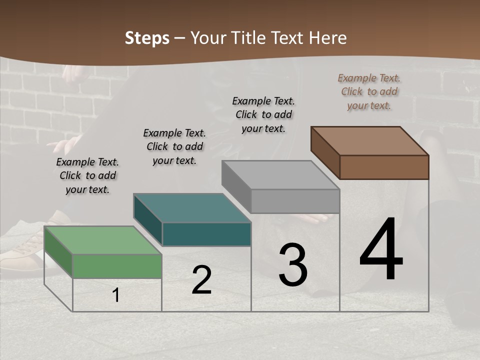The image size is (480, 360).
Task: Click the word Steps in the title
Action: click(147, 38)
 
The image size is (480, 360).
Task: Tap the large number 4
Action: click(381, 249)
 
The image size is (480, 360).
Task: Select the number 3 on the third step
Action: click(292, 264)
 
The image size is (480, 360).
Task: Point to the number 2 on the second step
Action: click(201, 280)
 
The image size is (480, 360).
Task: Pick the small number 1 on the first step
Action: click(116, 295)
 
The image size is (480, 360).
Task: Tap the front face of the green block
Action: click(117, 266)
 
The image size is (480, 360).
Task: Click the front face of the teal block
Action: click(206, 234)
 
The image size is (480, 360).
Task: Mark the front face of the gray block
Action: click(295, 201)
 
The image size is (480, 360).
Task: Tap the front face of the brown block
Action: click(384, 167)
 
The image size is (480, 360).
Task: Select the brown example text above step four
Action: click(369, 91)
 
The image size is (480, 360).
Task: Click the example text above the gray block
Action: click(263, 114)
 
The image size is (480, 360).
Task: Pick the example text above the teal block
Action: click(174, 146)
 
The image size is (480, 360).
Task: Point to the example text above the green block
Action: click(87, 175)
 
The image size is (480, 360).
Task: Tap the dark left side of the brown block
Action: click(325, 152)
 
